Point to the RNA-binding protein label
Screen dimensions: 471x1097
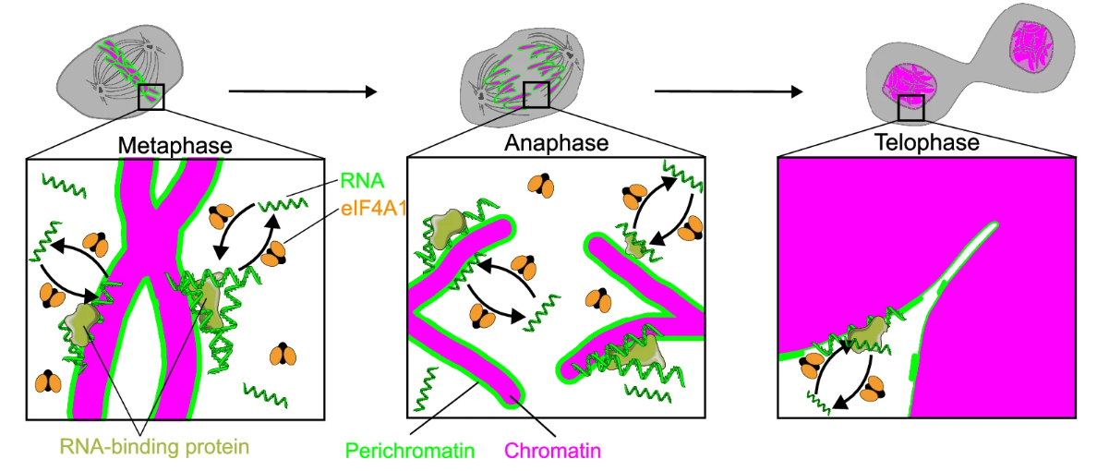(155, 445)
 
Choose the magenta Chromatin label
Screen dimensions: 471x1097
(552, 452)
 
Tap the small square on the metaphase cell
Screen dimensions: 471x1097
(151, 96)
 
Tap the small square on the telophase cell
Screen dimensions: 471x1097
(912, 107)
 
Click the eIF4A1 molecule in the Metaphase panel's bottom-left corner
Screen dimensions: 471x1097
(48, 381)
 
